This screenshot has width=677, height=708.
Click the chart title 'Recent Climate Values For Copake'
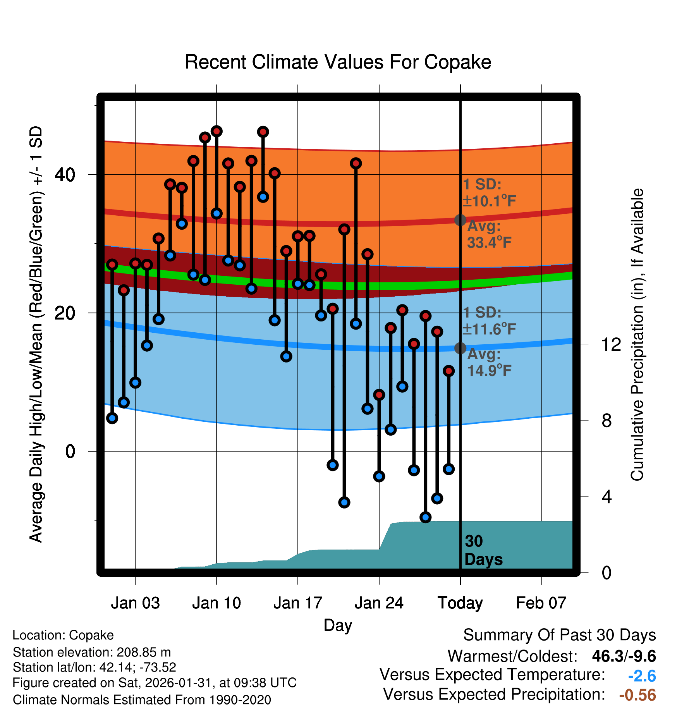338,62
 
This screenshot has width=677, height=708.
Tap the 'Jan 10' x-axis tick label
216,603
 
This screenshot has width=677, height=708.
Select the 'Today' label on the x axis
460,603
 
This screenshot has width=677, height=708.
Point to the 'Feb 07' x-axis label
541,603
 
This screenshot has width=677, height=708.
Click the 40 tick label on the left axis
65,175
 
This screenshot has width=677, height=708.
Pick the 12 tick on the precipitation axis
611,344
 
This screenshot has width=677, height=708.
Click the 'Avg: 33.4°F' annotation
489,234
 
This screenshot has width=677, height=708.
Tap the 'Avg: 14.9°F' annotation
489,363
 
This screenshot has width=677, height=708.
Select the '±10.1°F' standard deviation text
489,201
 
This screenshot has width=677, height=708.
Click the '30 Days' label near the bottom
483,550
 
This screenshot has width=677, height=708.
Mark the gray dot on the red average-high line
460,220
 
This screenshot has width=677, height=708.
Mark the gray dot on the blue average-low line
460,348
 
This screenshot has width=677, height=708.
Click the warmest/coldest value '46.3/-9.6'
624,656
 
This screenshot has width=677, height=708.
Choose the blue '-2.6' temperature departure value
642,676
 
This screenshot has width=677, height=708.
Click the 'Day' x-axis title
338,625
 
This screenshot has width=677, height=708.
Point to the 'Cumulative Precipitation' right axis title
637,335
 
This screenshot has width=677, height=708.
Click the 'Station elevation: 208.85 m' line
92,652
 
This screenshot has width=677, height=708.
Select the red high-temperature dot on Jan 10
217,131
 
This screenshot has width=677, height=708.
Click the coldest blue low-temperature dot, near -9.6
425,517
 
